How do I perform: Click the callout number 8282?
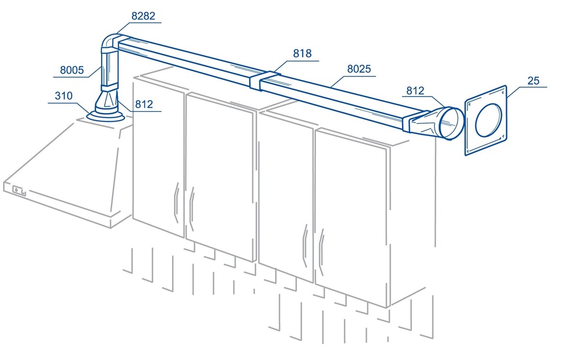pos(143,16)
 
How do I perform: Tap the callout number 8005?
pos(72,70)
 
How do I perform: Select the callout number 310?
pos(63,96)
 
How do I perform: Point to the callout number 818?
pos(302,53)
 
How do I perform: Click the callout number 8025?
pos(359,69)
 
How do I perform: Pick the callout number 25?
pos(533,81)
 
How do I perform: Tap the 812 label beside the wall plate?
pos(415,91)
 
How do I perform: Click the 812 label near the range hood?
pos(144,104)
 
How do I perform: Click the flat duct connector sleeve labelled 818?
pos(264,81)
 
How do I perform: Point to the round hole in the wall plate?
pos(489,120)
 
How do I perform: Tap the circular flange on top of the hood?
pos(106,117)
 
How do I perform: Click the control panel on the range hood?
pos(19,191)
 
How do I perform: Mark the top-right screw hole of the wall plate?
pos(503,93)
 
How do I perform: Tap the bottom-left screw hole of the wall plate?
pos(468,151)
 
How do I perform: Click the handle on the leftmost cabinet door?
pos(176,203)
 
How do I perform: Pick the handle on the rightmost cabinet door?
pos(321,252)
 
